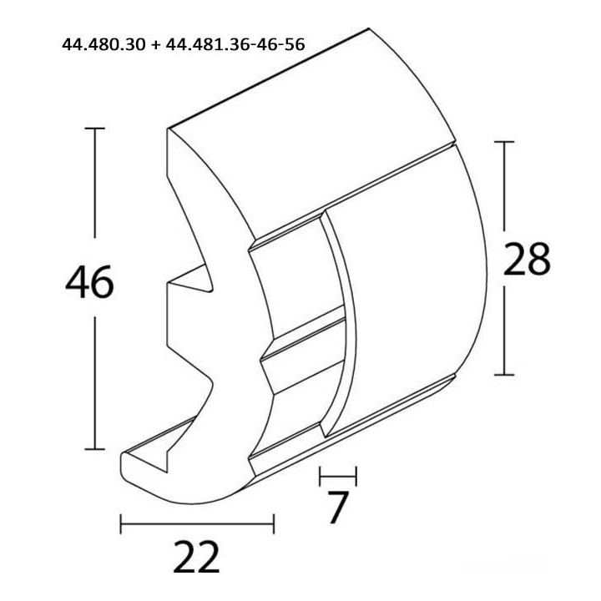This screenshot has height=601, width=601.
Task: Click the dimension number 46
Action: tap(88, 284)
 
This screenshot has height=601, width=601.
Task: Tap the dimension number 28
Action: tap(527, 260)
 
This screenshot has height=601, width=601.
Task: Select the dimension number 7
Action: tap(336, 508)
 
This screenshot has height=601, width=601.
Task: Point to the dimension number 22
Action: tap(197, 557)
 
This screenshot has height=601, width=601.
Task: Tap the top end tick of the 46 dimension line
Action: tap(94, 129)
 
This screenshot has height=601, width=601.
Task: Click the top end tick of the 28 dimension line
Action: tap(504, 142)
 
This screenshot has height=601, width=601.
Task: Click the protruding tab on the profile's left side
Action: tap(188, 312)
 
